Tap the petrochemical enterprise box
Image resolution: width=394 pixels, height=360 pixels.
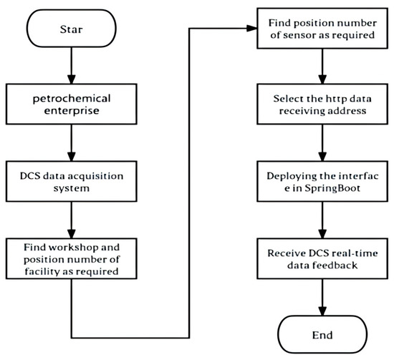72,104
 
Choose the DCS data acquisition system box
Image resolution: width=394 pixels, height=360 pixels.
72,182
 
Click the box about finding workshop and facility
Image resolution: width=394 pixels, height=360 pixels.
72,259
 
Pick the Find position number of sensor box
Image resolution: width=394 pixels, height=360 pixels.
322,29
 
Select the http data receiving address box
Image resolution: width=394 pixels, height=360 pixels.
322,104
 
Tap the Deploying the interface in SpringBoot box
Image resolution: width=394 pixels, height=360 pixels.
322,182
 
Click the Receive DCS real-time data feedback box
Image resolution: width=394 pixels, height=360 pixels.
322,259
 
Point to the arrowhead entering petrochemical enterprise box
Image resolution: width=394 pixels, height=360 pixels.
72,79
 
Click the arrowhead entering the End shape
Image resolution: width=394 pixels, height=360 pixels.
322,311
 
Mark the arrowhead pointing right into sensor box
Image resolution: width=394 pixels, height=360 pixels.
252,29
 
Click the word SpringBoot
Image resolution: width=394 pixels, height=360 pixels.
332,188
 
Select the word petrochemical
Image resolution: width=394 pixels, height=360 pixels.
72,99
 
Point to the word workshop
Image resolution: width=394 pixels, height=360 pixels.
73,248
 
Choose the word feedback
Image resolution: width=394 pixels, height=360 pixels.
335,266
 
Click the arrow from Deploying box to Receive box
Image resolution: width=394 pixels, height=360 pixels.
322,220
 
